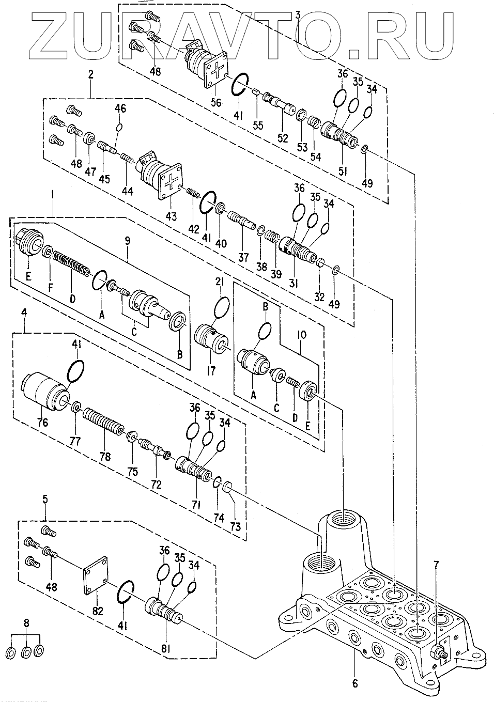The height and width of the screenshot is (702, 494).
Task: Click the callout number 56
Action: tap(216, 102)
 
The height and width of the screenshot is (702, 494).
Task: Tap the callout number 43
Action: tap(171, 216)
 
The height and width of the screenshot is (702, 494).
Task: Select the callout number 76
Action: tap(42, 423)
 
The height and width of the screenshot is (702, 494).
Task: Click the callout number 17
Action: tap(211, 371)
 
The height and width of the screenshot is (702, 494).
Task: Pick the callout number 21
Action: tap(220, 282)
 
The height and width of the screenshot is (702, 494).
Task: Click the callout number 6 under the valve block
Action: tap(355, 683)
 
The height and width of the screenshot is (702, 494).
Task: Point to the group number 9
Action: tap(127, 241)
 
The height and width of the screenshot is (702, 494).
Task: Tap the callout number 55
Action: tap(258, 126)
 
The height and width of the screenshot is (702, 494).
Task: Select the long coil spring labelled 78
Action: tap(103, 420)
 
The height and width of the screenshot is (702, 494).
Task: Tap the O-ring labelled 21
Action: tap(222, 308)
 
